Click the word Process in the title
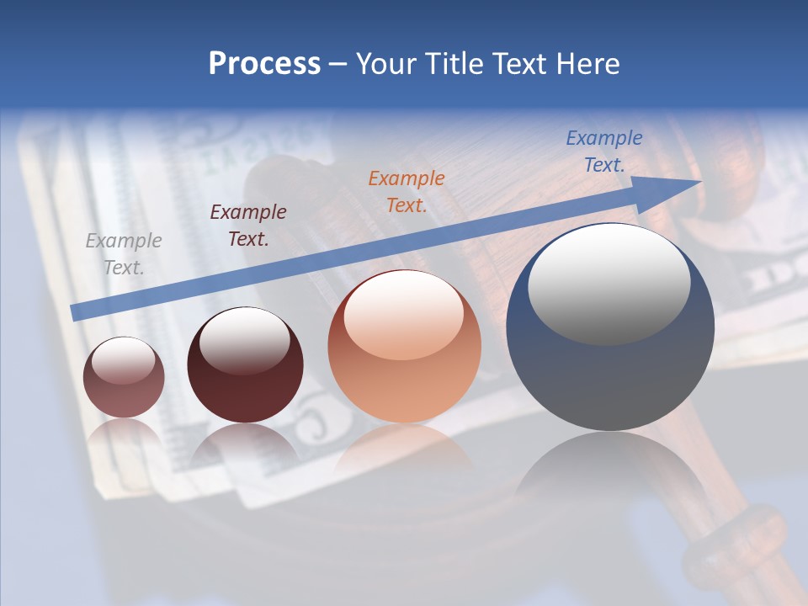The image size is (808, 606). point(264,64)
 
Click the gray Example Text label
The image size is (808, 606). point(124,253)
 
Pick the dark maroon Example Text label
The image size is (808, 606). point(247,225)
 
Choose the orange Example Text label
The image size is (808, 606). point(406,191)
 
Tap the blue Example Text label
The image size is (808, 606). point(603,151)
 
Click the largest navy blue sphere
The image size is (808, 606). point(610,370)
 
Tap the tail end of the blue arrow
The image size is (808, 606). point(77,312)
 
